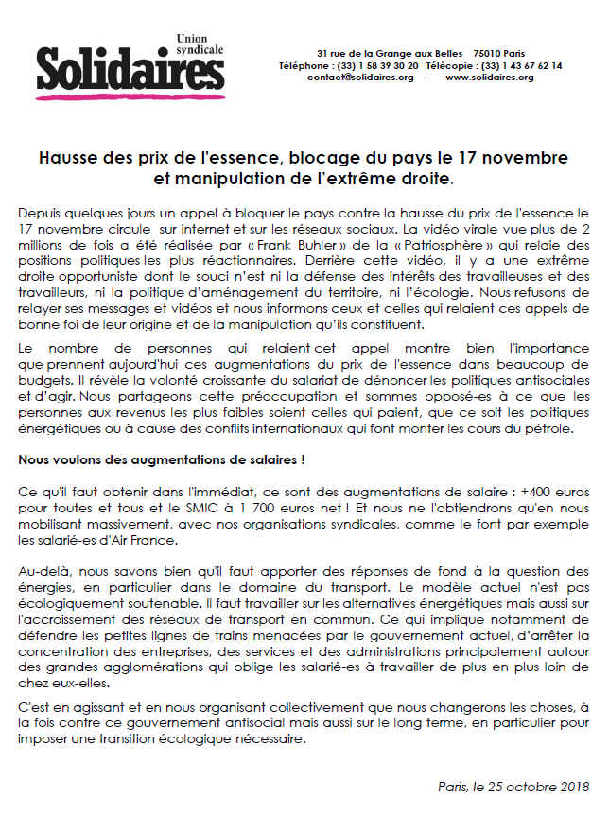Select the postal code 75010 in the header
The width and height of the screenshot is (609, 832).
click(x=489, y=53)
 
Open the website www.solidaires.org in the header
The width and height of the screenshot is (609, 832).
click(x=491, y=78)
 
